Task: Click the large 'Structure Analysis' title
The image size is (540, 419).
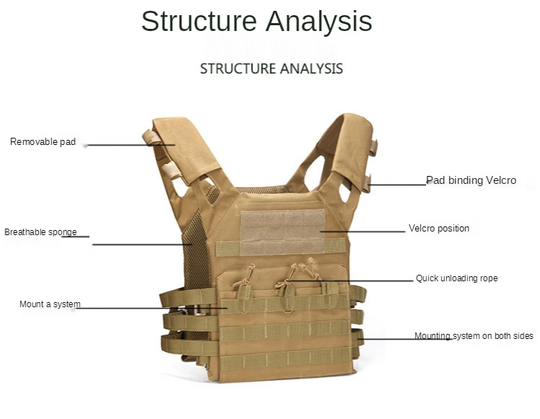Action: point(256,22)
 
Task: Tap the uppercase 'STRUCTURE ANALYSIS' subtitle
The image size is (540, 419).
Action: point(271,69)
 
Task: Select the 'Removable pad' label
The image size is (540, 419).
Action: point(43,142)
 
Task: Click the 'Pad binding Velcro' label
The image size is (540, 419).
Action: point(471,180)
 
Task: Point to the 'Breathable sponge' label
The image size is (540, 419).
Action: point(40,232)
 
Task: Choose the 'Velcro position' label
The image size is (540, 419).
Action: point(438,229)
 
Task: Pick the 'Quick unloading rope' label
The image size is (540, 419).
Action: point(456,278)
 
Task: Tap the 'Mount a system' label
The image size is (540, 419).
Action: point(50,304)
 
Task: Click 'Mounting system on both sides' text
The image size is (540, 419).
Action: point(474,336)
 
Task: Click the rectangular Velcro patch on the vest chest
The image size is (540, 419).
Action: point(283,231)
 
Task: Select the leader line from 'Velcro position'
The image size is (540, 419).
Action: point(368,231)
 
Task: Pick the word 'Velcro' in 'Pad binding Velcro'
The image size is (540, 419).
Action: point(500,180)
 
